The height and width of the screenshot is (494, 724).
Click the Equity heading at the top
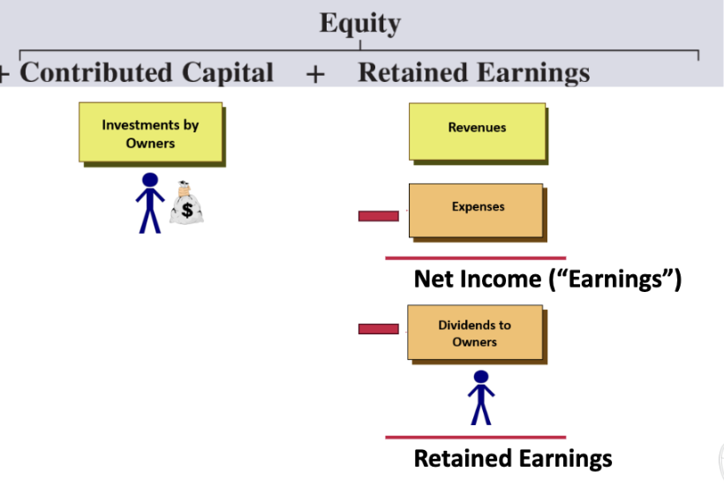click(x=360, y=24)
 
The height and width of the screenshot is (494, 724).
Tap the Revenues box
click(x=477, y=132)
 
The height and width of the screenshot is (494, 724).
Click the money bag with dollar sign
click(x=186, y=203)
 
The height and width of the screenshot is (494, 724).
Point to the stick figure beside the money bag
click(x=150, y=203)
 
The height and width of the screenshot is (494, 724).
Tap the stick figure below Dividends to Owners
click(x=481, y=398)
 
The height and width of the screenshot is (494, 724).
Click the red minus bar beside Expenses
click(x=379, y=216)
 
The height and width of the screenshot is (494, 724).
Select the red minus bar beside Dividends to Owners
click(x=379, y=329)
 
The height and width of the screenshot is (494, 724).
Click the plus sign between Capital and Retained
click(x=315, y=74)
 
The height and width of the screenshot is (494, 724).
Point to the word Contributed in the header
click(x=96, y=72)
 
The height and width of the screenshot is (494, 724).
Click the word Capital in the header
click(x=228, y=73)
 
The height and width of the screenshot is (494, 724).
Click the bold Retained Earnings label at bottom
click(x=513, y=459)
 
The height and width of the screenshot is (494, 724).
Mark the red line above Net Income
click(x=476, y=258)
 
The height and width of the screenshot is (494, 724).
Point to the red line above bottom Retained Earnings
click(x=476, y=438)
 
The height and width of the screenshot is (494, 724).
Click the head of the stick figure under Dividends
click(x=481, y=377)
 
